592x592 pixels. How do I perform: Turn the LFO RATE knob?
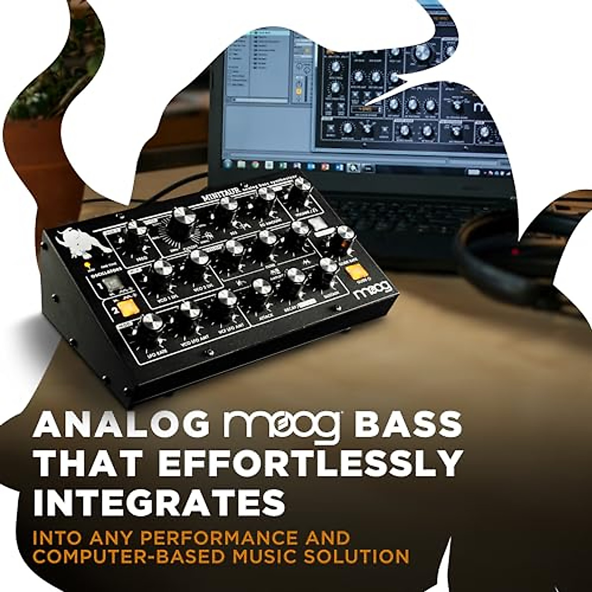coord(151,324)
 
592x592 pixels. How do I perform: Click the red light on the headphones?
coord(516,252)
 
